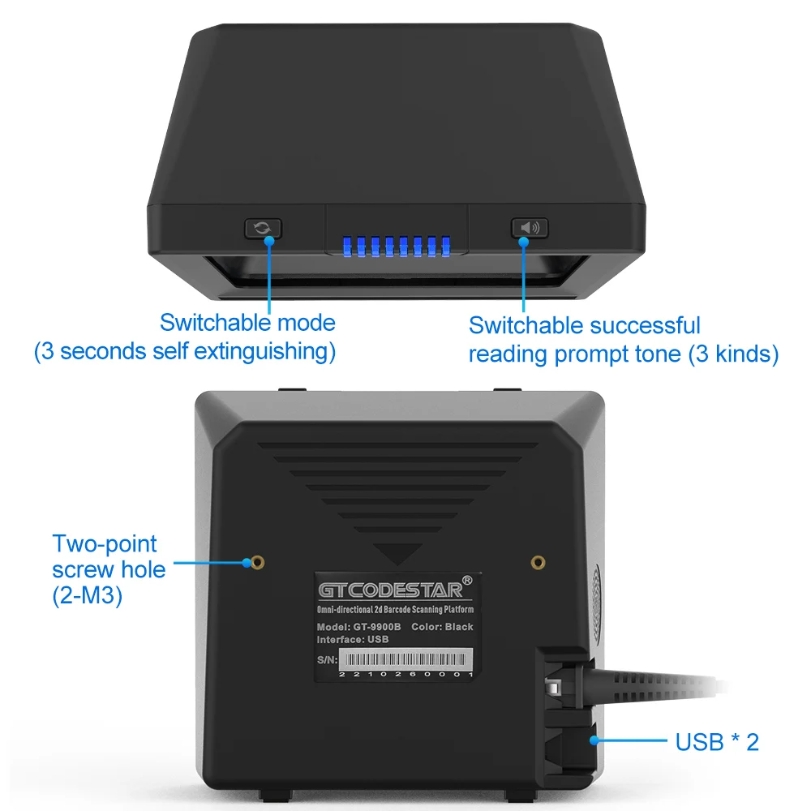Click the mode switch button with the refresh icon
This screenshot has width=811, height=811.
263,228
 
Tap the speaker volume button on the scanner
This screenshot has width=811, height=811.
529,228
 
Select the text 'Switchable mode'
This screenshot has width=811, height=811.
247,322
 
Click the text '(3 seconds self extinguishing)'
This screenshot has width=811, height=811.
184,352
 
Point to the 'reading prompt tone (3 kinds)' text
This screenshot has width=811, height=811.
624,354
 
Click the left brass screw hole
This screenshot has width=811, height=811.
257,561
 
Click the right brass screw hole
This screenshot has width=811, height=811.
537,561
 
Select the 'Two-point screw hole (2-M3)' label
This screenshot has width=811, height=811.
109,569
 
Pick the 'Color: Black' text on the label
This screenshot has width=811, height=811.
442,626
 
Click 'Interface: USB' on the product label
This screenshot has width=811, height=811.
353,639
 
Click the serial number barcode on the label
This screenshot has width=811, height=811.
405,658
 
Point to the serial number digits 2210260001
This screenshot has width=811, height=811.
405,675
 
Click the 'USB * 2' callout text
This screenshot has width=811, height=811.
717,741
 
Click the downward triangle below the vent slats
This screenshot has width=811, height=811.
397,555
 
